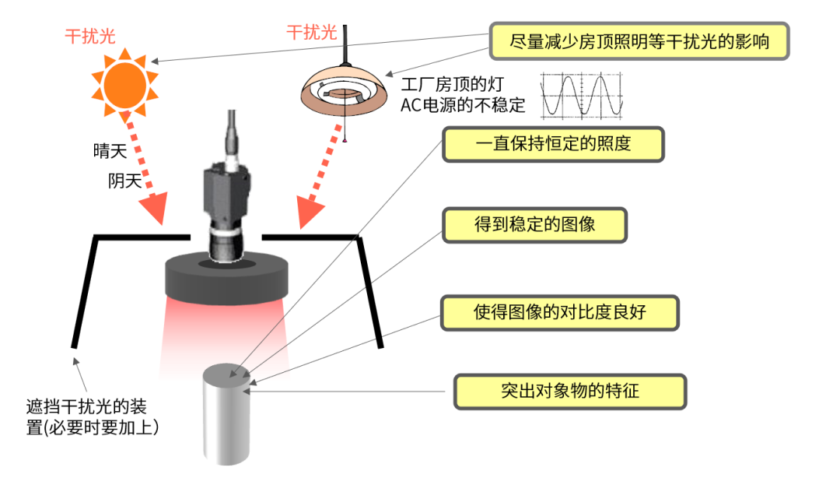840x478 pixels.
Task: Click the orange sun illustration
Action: coord(124,81)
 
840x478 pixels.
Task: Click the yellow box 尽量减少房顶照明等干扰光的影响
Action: coord(639,40)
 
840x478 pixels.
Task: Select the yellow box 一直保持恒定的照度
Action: coord(553,145)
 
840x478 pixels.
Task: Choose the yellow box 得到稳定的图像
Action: coord(534,224)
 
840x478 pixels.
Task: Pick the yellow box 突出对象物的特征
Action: coord(570,391)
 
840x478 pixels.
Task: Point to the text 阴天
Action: coord(124,181)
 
